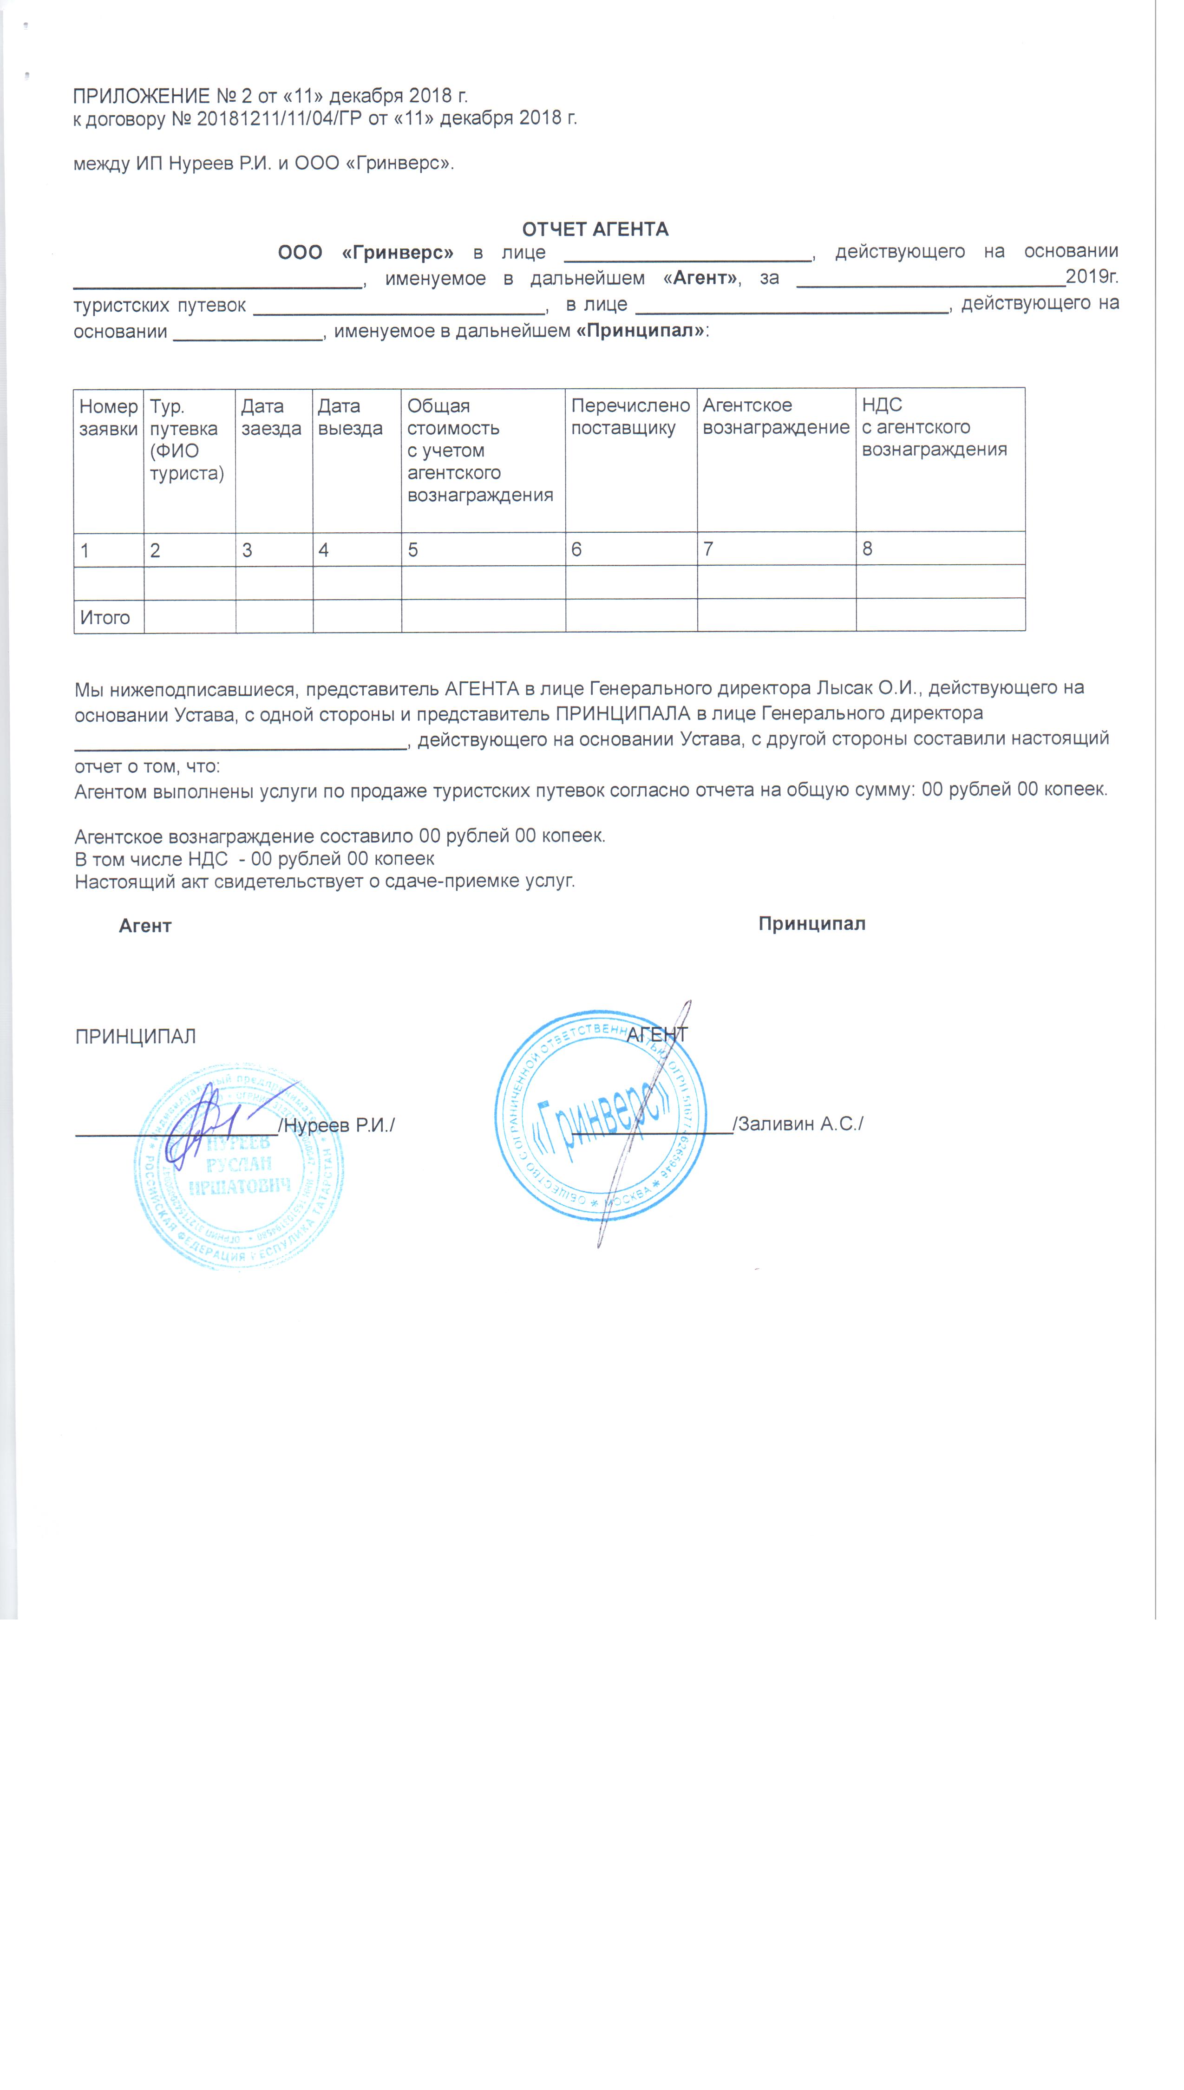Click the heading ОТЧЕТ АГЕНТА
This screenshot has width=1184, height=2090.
595,229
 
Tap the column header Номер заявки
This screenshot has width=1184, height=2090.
108,418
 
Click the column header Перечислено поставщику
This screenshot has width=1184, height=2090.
630,417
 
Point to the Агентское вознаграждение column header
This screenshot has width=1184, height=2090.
776,416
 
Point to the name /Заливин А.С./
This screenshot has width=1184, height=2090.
798,1123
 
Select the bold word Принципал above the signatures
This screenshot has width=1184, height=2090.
811,923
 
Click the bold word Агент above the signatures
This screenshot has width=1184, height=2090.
145,926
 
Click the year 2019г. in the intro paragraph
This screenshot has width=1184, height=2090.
1091,276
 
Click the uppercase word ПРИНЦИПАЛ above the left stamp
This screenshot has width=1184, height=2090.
136,1037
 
